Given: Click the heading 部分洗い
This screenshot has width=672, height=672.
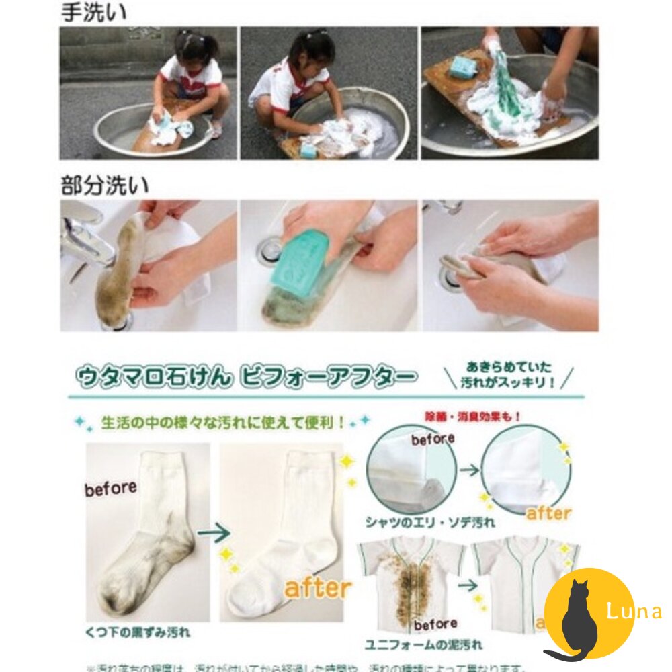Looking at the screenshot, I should click(x=105, y=185).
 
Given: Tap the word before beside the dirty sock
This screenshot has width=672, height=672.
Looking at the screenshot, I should click(x=111, y=489).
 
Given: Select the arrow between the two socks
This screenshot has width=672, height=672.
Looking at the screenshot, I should click(x=214, y=534).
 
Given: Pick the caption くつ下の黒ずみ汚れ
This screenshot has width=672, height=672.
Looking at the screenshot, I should click(x=138, y=632).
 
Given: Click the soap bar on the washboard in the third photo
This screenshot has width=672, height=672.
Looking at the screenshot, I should click(x=462, y=67).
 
